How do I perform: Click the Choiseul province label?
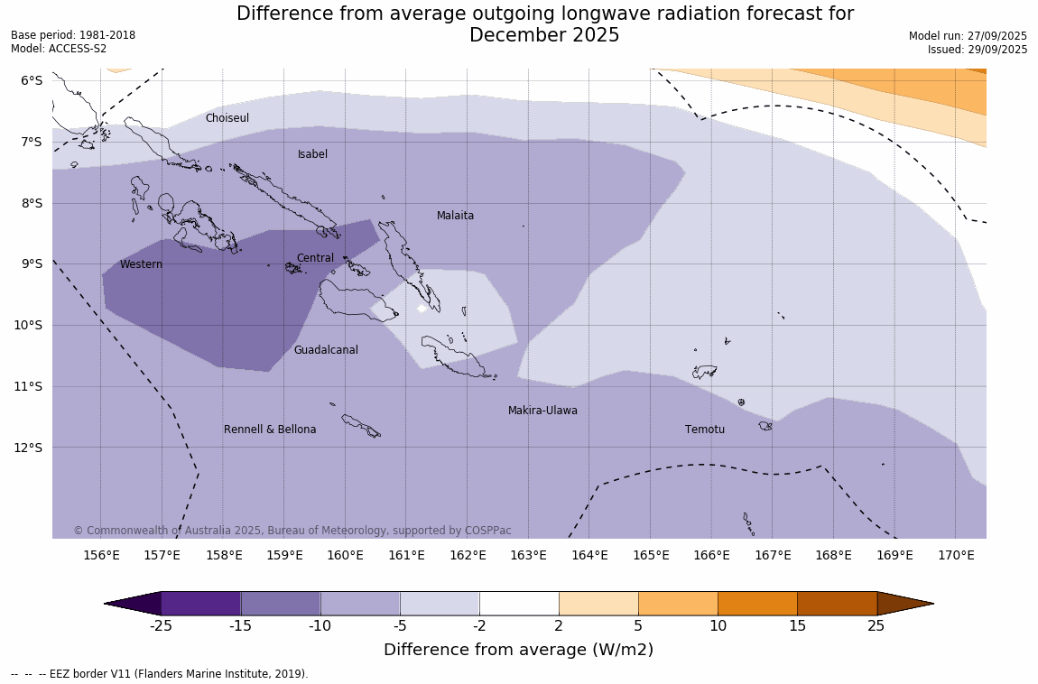227,118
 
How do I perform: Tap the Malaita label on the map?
455,216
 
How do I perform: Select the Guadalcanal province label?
326,350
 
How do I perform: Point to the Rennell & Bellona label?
270,430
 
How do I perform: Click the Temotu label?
704,430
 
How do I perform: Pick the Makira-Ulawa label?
542,411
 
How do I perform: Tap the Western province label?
141,264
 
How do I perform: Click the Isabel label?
312,154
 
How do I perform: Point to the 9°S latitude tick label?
32,263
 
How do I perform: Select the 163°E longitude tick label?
528,555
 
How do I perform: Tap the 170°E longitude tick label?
956,555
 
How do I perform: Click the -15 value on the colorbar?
240,625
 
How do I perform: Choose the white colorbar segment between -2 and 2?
519,603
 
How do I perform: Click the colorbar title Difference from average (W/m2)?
518,650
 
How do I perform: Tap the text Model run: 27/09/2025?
968,35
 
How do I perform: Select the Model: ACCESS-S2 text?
59,49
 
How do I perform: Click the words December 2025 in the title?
544,35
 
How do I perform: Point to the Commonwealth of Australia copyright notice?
292,531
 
